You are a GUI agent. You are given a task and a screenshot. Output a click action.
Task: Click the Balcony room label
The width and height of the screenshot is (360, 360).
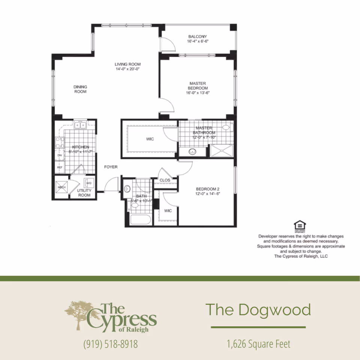[198, 37]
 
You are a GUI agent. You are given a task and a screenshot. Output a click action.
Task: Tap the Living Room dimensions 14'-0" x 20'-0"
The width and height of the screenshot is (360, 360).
[127, 69]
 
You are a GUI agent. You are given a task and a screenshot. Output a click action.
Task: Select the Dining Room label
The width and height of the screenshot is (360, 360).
[80, 89]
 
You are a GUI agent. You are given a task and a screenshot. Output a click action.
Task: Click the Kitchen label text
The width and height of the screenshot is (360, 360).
[81, 147]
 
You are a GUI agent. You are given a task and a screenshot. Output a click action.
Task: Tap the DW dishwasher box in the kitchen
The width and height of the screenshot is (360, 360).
[60, 155]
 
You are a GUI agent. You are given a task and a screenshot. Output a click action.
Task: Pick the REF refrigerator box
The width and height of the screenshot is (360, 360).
[60, 167]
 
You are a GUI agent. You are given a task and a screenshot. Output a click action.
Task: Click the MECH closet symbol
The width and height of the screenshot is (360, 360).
[61, 187]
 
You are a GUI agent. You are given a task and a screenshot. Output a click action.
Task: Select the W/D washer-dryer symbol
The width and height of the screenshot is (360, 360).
[89, 183]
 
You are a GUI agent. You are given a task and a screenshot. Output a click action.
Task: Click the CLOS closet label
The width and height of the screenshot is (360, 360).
[165, 180]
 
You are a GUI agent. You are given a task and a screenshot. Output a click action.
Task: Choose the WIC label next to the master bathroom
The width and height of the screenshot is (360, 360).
[150, 139]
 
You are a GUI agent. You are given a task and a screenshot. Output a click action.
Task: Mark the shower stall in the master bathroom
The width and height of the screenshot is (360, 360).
[221, 151]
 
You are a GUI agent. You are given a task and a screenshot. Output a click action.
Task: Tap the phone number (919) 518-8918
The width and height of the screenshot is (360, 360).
[111, 344]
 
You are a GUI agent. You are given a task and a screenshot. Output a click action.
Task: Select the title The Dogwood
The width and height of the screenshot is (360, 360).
[258, 310]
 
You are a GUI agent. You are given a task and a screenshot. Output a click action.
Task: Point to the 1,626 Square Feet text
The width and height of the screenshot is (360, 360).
[258, 343]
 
